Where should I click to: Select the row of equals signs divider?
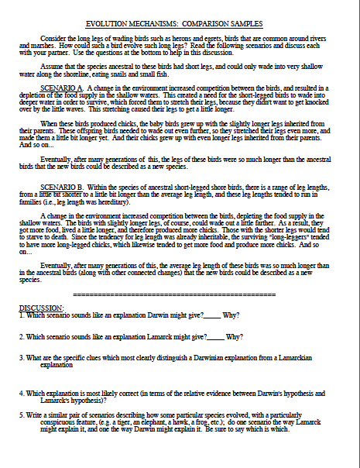coord(180,295)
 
